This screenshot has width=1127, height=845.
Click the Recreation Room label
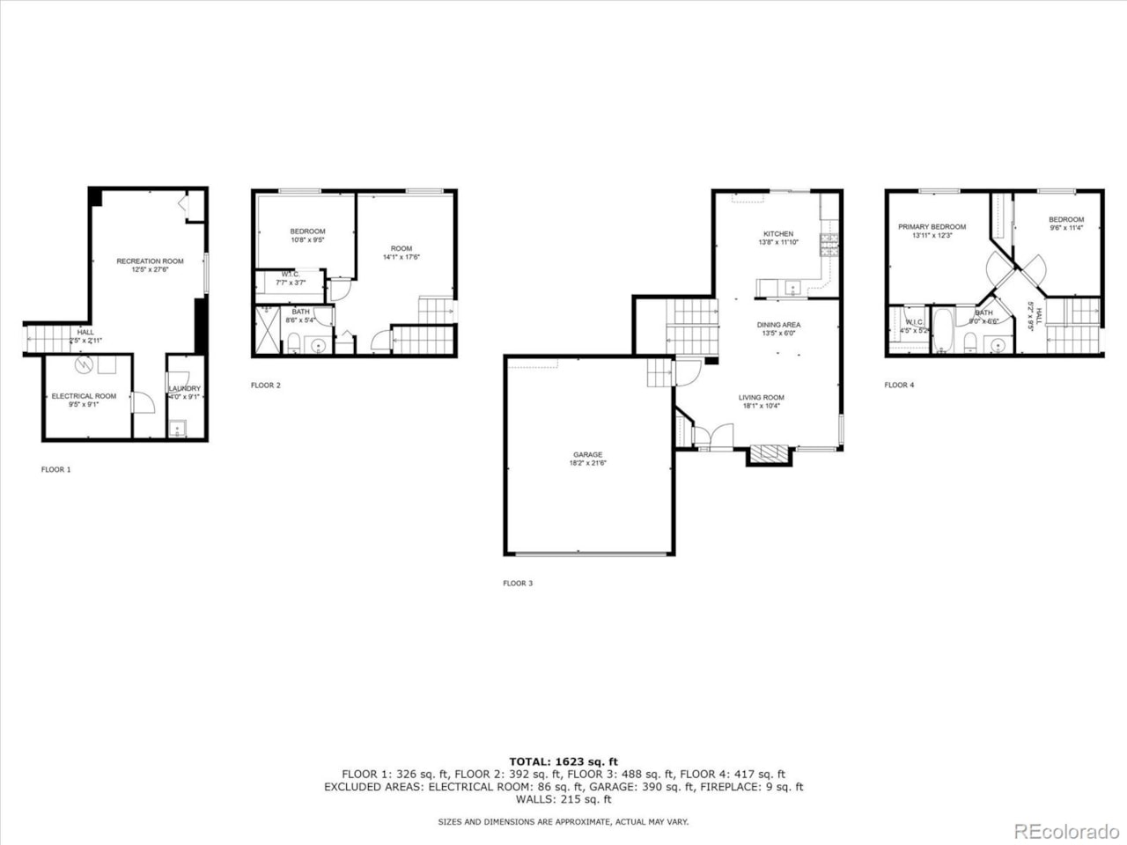(150, 261)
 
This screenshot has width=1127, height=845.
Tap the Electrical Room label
(84, 396)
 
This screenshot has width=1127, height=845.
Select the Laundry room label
(185, 388)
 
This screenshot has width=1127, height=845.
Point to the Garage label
(587, 455)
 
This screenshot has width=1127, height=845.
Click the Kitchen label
(777, 234)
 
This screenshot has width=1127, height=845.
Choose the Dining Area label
(777, 325)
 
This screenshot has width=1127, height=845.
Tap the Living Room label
(761, 398)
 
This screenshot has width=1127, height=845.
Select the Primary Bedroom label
(932, 227)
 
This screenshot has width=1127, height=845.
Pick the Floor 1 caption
(55, 469)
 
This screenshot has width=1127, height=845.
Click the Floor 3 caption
(518, 583)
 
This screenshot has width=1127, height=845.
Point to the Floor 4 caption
(899, 385)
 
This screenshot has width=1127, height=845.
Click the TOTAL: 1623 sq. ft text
(563, 761)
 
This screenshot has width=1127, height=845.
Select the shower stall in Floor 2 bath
(267, 329)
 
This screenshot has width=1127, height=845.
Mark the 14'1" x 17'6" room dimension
(401, 258)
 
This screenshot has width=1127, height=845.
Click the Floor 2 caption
(265, 385)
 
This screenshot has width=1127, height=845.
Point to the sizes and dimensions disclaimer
(563, 821)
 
